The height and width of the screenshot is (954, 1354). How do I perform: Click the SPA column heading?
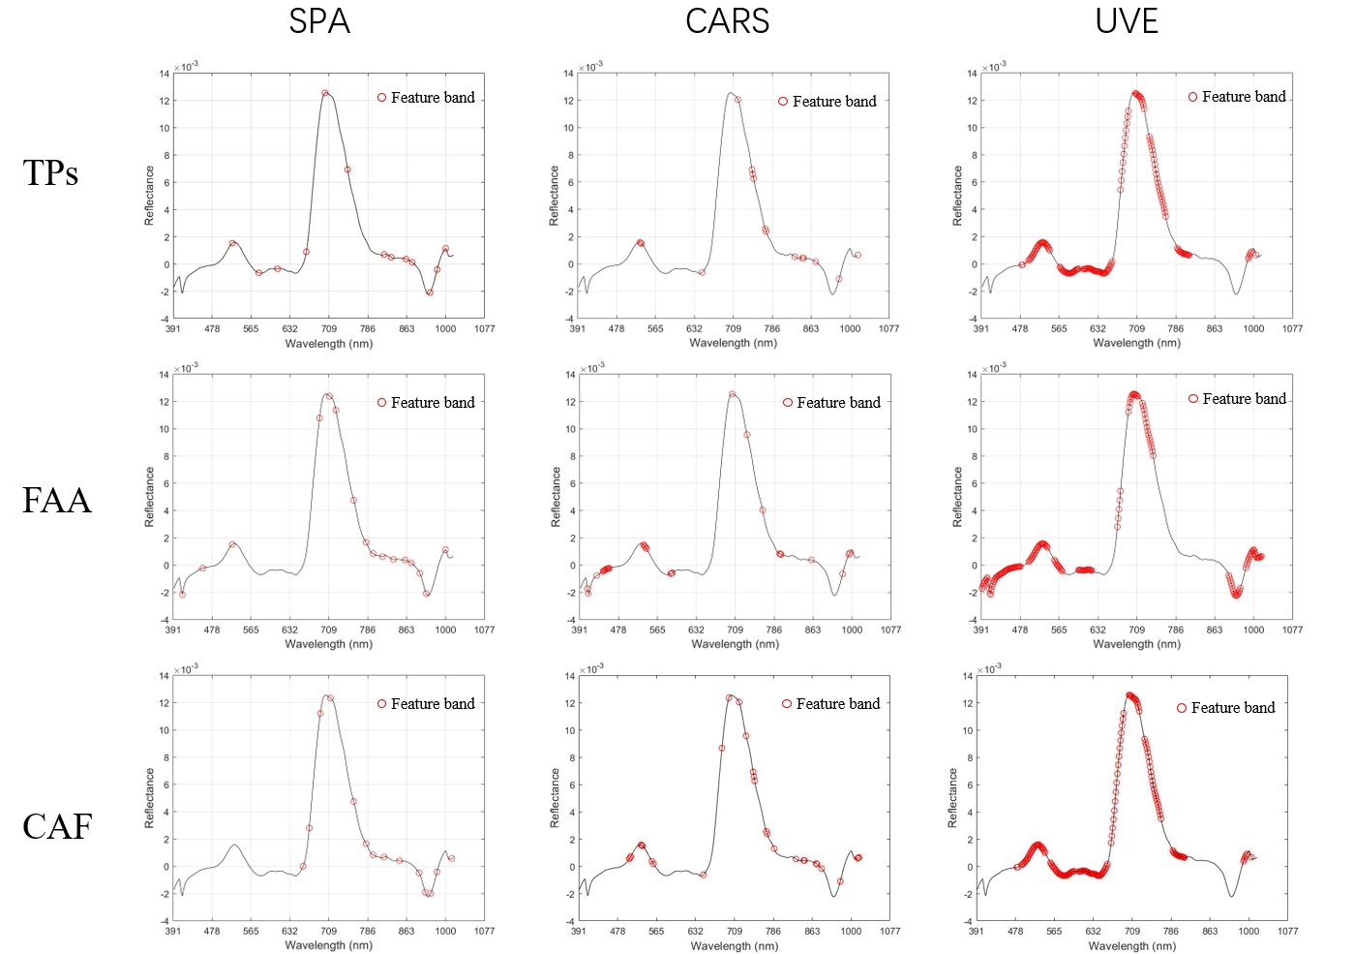point(319,21)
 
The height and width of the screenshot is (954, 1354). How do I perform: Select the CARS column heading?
point(727,21)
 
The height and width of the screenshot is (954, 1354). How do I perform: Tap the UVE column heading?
point(1127,21)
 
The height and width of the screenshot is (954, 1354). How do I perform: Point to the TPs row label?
point(50,173)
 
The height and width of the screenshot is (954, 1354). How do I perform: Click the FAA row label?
point(56,501)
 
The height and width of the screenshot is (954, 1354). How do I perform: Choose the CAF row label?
point(56,827)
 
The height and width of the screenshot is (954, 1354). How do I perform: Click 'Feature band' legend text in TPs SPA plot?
point(433,98)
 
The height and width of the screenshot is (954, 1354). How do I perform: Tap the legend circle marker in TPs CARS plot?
point(783,102)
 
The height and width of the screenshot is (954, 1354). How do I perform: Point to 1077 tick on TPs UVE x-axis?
point(1292,329)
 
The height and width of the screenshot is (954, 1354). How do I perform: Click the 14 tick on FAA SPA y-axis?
point(165,375)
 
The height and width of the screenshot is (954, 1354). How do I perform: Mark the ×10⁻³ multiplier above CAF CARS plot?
point(590,668)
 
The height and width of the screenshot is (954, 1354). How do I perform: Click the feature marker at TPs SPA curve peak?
point(325,94)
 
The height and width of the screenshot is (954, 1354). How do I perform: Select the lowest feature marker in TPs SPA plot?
point(430,292)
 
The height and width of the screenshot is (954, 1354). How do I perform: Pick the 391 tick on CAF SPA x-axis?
point(173,932)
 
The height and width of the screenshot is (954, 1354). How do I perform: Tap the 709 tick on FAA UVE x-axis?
point(1136,631)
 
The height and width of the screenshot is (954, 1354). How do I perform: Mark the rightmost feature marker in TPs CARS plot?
point(858,256)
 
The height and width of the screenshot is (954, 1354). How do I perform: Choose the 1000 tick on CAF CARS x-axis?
point(851,932)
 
